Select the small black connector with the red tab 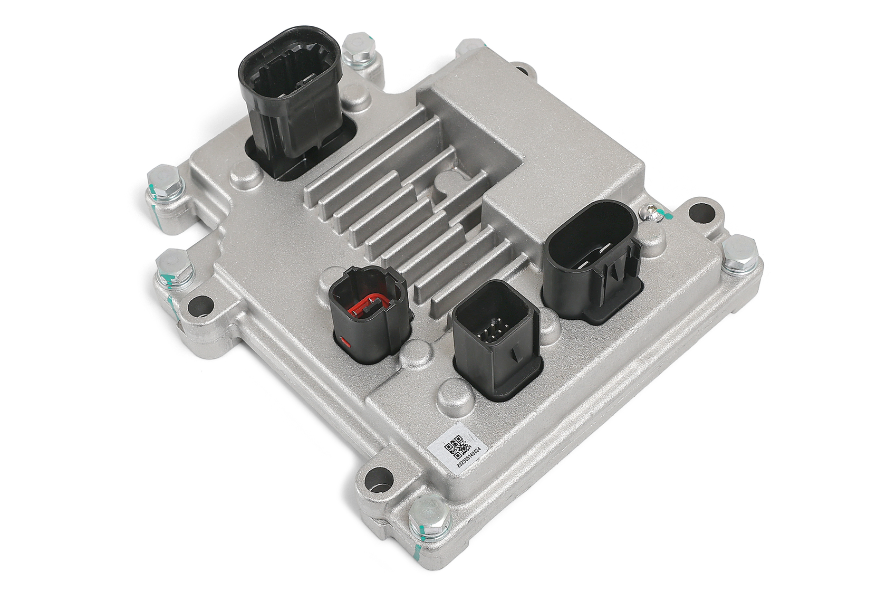[370, 313]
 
